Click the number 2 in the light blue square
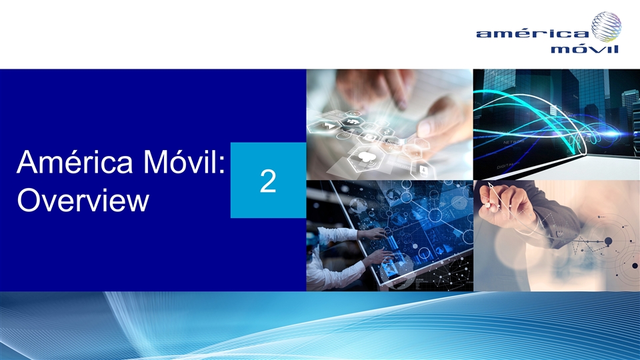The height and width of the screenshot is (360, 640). (268, 181)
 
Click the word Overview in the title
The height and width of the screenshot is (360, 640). (83, 200)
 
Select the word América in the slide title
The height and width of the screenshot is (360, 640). (75, 161)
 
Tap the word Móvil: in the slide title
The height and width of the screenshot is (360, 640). (184, 161)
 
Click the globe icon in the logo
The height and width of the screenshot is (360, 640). (607, 27)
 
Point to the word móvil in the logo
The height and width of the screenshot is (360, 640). (585, 49)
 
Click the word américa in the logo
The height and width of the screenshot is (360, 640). (533, 33)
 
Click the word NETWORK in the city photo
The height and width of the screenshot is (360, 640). (513, 142)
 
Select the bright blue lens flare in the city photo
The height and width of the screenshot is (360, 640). (615, 133)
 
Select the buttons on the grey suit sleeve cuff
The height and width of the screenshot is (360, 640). (560, 234)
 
